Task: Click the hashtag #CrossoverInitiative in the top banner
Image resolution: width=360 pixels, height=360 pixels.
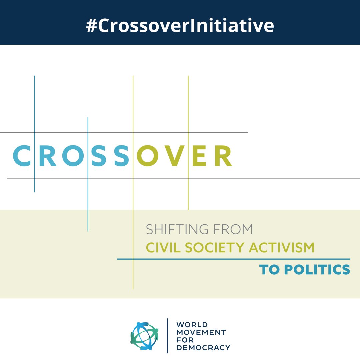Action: click(x=180, y=26)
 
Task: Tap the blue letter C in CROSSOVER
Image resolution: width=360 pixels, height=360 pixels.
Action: click(x=22, y=156)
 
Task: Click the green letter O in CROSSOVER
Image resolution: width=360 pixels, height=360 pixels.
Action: click(x=147, y=156)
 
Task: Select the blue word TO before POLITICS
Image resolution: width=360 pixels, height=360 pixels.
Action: click(x=269, y=270)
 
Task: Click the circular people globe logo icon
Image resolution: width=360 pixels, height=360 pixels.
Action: click(x=144, y=336)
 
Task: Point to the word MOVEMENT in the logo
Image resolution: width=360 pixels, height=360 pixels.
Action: click(x=201, y=332)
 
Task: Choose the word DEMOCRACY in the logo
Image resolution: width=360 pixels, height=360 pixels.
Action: click(x=203, y=348)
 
